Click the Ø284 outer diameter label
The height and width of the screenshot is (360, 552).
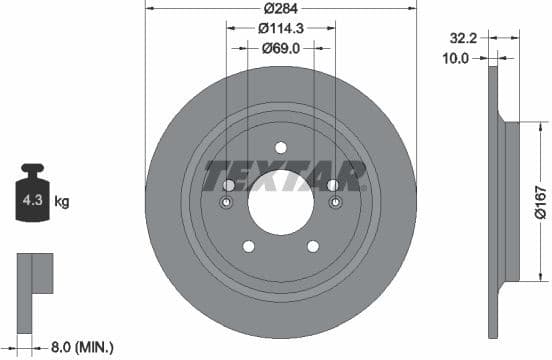(281, 11)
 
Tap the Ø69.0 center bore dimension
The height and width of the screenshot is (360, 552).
(281, 47)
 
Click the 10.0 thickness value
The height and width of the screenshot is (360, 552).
(456, 59)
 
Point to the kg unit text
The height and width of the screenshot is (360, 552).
(62, 202)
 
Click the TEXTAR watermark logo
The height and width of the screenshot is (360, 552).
(283, 176)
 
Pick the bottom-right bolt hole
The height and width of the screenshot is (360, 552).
(313, 247)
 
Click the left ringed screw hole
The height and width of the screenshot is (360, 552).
(226, 204)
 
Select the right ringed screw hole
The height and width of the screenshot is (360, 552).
(334, 204)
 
